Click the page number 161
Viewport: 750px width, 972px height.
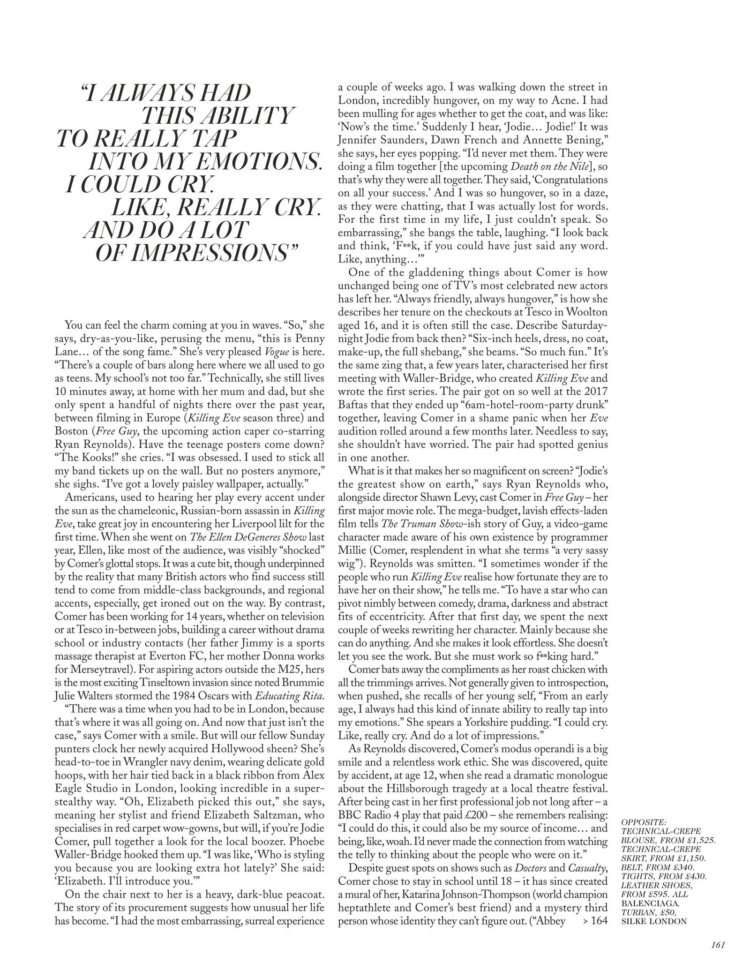click(x=717, y=945)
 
